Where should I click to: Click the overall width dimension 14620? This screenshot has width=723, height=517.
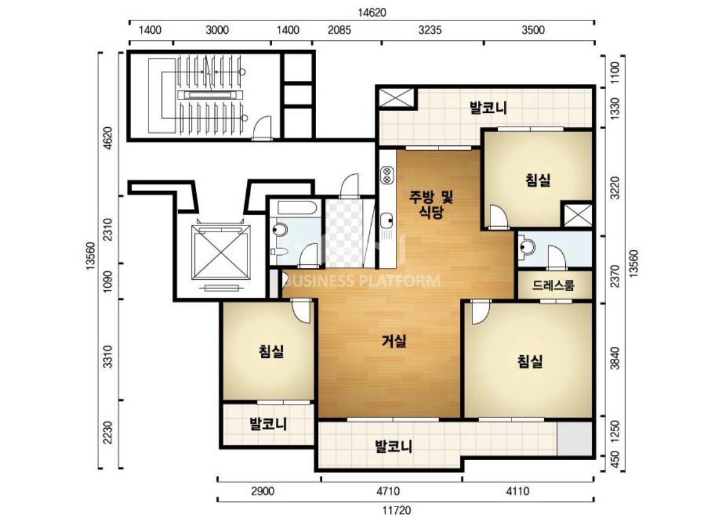[372, 12]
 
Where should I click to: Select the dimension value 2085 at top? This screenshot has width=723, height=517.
[340, 30]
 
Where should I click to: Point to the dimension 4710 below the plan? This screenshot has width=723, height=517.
[388, 491]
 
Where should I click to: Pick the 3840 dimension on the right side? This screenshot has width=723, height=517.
[615, 358]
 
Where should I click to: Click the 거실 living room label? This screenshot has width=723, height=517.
[395, 341]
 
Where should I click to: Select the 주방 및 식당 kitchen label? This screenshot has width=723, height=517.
[431, 205]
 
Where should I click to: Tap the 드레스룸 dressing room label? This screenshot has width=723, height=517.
[554, 285]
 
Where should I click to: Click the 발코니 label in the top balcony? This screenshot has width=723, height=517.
[489, 108]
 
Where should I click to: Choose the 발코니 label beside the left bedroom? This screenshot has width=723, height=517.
[268, 424]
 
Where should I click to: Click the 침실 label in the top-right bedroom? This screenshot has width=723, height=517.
[538, 180]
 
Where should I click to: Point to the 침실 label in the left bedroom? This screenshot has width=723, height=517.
[271, 351]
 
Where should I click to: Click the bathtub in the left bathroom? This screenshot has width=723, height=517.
[296, 208]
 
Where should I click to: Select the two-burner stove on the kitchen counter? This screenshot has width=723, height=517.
[387, 175]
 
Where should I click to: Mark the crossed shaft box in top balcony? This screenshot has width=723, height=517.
[396, 98]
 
